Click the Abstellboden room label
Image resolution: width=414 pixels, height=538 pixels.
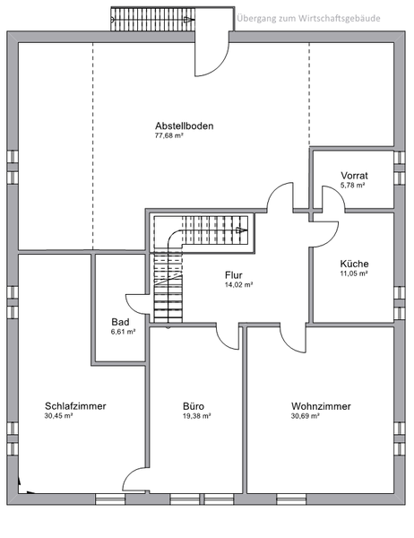[185, 126]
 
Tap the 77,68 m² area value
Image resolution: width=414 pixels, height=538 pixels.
[169, 135]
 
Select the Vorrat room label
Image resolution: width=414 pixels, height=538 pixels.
[354, 176]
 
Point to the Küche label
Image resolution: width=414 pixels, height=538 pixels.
[354, 264]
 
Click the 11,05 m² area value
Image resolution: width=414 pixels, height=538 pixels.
[354, 273]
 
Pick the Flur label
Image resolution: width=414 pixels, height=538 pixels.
[234, 275]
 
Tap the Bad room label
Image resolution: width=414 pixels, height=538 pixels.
[120, 322]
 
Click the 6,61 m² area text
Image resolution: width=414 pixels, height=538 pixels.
[123, 332]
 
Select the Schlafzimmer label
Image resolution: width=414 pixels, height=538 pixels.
[75, 406]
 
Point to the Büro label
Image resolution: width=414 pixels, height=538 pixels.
[194, 406]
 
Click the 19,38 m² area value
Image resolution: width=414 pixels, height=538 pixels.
[197, 416]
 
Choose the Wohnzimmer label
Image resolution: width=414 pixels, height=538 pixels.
[321, 406]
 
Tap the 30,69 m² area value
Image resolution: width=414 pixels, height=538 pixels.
[306, 416]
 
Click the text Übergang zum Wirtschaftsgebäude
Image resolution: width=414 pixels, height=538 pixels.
[308, 18]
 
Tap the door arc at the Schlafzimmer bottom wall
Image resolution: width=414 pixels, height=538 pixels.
[129, 475]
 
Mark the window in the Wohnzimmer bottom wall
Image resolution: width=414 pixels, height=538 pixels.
[291, 499]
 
